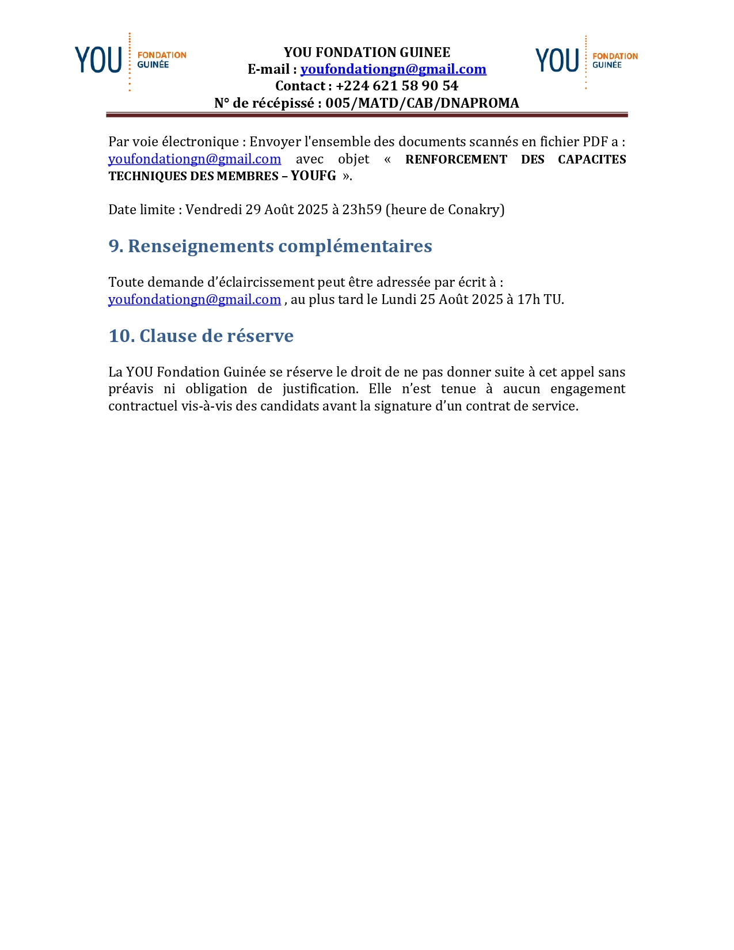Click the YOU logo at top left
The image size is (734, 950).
pos(130,60)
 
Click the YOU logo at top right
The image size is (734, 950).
pos(586,61)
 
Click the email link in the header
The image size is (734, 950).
pos(393,69)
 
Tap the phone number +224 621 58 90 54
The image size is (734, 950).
pos(397,86)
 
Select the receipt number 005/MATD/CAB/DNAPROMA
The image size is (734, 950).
pos(422,103)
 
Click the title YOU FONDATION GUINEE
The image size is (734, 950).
pos(367,52)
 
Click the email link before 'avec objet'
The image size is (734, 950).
pos(195,159)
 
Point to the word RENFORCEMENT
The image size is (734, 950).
pos(456,159)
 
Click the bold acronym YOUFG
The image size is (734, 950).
pos(313,176)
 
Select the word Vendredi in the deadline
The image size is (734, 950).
pos(214,210)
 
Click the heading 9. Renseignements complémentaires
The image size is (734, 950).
pos(270,246)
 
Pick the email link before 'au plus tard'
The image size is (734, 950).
pos(195,299)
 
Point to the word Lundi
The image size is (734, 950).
pos(398,299)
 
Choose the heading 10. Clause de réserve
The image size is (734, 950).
pos(201,336)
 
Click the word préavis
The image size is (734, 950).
pos(131,389)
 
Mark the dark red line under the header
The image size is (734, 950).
pos(367,115)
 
